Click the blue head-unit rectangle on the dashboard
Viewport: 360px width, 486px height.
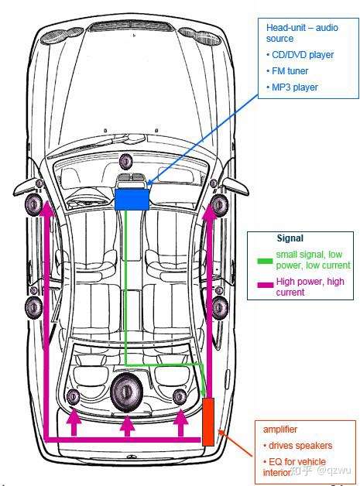pos(132,200)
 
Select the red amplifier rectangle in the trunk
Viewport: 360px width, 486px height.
pos(208,422)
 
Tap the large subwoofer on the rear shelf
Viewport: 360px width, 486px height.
pos(126,392)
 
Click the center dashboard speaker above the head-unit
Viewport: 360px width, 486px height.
pos(126,161)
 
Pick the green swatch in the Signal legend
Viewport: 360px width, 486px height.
pos(265,261)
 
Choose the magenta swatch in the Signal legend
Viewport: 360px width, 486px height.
pos(266,285)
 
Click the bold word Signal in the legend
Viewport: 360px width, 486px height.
pos(290,238)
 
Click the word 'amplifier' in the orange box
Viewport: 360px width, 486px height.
pos(280,430)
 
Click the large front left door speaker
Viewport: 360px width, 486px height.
pos(33,205)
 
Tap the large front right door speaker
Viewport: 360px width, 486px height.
pos(220,205)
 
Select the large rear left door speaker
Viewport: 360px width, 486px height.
pos(33,307)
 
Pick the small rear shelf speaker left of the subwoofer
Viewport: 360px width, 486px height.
pos(74,396)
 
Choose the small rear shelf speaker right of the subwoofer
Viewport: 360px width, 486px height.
pos(180,396)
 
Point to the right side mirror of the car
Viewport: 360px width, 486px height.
pos(235,186)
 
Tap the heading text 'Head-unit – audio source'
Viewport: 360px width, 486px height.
pos(302,33)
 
